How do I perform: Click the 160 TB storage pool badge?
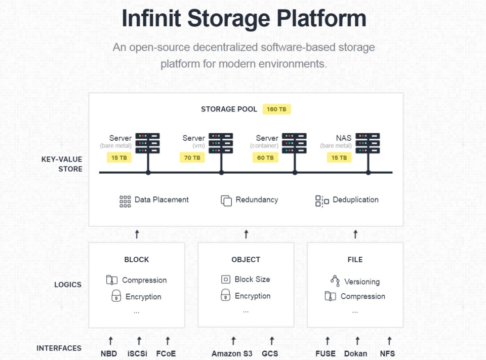[276, 109]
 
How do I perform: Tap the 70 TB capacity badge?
[192, 157]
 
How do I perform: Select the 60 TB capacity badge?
[265, 157]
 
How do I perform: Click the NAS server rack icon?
[368, 143]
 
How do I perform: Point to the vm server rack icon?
[221, 143]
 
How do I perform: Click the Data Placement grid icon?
[125, 201]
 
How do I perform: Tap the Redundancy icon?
[226, 201]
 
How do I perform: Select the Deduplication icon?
[322, 201]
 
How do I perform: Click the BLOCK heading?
[137, 260]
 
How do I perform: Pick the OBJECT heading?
[246, 260]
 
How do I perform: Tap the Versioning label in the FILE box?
[361, 282]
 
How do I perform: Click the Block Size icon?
[226, 279]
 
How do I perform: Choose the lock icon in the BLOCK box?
[116, 296]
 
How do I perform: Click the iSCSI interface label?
[138, 353]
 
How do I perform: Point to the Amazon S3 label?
[232, 353]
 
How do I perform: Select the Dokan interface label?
[355, 353]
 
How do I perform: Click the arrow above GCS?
[271, 341]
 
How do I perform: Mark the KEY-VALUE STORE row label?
[62, 164]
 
